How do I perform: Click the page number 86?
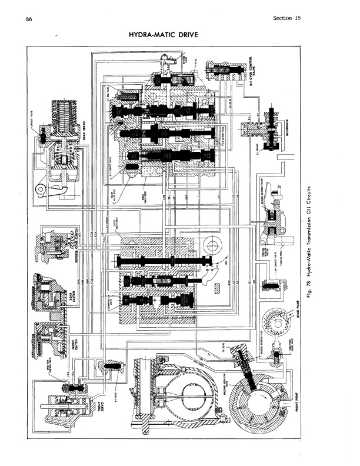[x=29, y=19]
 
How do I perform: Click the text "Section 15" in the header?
[x=286, y=18]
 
